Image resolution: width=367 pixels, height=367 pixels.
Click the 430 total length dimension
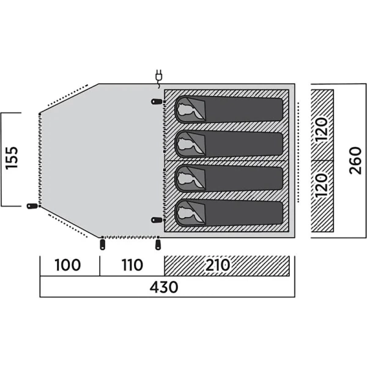point(164,287)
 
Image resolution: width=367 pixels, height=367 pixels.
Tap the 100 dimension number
point(68,265)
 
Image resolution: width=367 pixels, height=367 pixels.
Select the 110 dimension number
point(132,265)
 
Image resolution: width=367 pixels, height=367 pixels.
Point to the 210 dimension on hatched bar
point(218,265)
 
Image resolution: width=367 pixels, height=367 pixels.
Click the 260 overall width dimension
point(355,160)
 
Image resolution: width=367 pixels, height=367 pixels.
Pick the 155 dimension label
point(12,158)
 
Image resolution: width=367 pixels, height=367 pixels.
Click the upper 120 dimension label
point(321,129)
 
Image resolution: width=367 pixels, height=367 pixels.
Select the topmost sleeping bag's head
point(185,109)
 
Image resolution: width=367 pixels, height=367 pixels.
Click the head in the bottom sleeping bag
point(185,213)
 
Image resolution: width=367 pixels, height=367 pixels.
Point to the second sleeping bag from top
point(229,144)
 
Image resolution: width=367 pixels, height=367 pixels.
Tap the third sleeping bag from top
point(229,179)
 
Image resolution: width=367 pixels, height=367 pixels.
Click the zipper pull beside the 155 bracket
point(32,206)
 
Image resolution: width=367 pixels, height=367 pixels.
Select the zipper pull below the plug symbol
point(157,102)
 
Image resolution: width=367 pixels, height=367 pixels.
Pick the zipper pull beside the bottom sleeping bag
point(157,220)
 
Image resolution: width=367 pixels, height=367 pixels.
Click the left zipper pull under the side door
point(102,244)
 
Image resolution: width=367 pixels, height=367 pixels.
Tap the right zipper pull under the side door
point(158,244)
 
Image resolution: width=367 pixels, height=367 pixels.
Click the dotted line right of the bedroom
point(298,152)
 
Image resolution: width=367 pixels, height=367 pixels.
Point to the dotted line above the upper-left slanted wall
point(67,95)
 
